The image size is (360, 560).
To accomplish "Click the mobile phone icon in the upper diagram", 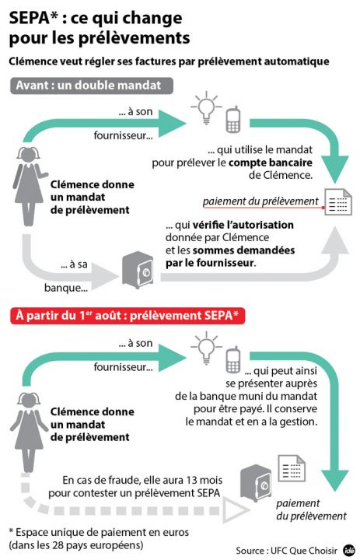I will pyautogui.click(x=232, y=121).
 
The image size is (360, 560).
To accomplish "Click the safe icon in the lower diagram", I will pyautogui.click(x=255, y=478).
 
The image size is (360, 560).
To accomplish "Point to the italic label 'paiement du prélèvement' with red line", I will pyautogui.click(x=260, y=201).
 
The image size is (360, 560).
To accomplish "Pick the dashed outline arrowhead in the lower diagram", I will pyautogui.click(x=231, y=509).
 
